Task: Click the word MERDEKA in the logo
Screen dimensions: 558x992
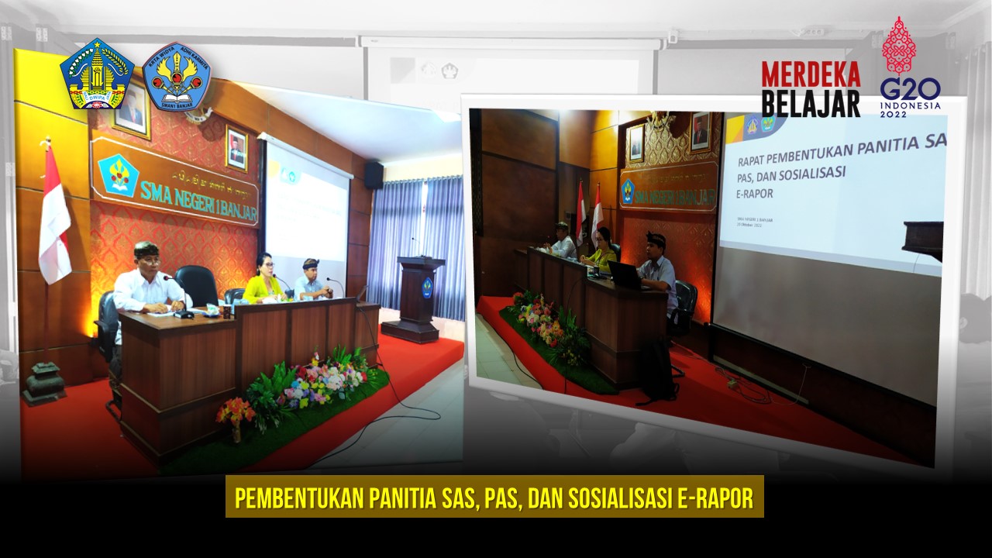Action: pyautogui.click(x=811, y=74)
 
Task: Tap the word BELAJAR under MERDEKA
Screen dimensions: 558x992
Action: pyautogui.click(x=811, y=102)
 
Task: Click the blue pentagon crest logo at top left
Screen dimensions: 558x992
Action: pyautogui.click(x=97, y=74)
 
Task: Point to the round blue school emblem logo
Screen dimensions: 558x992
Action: pyautogui.click(x=177, y=76)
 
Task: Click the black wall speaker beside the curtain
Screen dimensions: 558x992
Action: pyautogui.click(x=374, y=174)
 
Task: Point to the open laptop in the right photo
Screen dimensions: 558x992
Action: pyautogui.click(x=622, y=275)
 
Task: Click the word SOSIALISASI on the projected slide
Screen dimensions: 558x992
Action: pyautogui.click(x=809, y=172)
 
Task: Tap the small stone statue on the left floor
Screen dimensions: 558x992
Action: pyautogui.click(x=43, y=383)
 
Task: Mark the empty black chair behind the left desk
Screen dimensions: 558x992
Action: pyautogui.click(x=196, y=285)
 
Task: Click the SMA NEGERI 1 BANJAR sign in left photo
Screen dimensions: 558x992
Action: pyautogui.click(x=175, y=181)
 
